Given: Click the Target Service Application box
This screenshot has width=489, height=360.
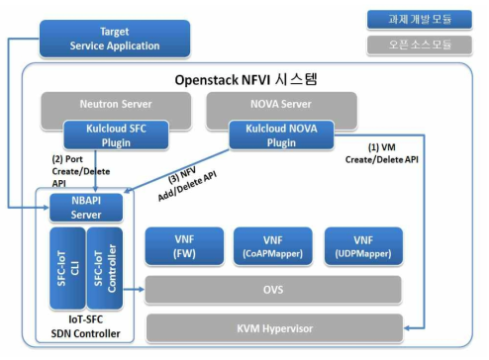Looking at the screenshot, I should pyautogui.click(x=114, y=39).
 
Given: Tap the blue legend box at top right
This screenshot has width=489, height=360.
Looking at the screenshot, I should pyautogui.click(x=420, y=19).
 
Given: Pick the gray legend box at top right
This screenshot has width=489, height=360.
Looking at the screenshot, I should pyautogui.click(x=420, y=45).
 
